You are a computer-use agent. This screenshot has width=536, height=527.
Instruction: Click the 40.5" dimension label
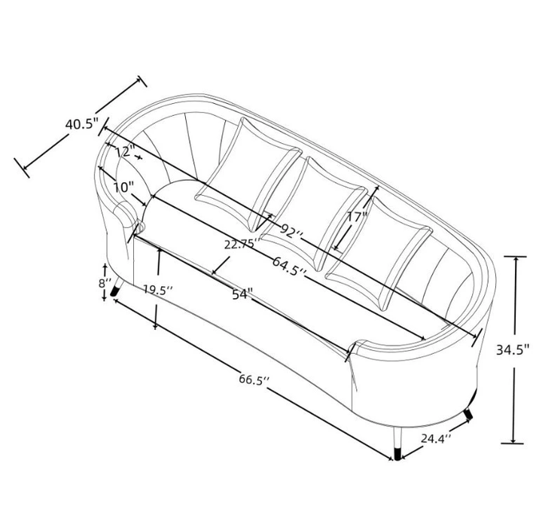82,123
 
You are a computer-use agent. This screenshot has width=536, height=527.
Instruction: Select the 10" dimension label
123,187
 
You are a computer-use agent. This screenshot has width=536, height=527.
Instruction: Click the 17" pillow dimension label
357,217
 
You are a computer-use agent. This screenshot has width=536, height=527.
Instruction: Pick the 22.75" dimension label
242,244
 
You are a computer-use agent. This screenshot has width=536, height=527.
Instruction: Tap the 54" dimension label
242,294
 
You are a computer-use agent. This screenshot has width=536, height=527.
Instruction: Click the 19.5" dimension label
157,290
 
